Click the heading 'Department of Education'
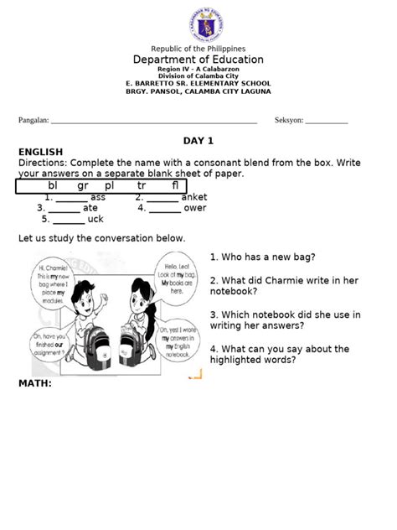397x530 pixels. click(198, 60)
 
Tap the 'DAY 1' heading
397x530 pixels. click(198, 140)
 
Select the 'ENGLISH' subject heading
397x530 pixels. click(41, 152)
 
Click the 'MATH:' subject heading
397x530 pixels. click(35, 383)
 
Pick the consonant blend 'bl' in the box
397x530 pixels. click(54, 185)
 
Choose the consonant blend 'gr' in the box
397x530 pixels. click(82, 185)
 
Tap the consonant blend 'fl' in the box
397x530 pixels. click(174, 185)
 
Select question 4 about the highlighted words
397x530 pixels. click(279, 354)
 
